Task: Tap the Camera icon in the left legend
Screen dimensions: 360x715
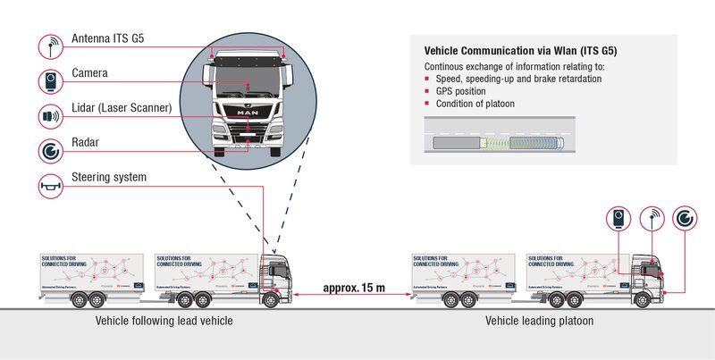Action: [x=52, y=81]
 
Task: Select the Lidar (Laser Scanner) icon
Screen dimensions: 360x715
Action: [x=52, y=116]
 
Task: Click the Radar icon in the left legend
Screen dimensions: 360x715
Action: [x=52, y=150]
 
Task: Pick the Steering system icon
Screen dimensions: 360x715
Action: [x=52, y=185]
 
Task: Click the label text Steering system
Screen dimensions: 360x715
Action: [x=108, y=177]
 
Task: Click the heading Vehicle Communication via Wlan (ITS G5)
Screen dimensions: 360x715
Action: [x=520, y=51]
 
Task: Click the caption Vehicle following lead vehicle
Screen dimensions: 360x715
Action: [x=164, y=321]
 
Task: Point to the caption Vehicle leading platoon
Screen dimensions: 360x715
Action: [x=539, y=321]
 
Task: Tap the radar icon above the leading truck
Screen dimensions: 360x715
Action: [x=687, y=218]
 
